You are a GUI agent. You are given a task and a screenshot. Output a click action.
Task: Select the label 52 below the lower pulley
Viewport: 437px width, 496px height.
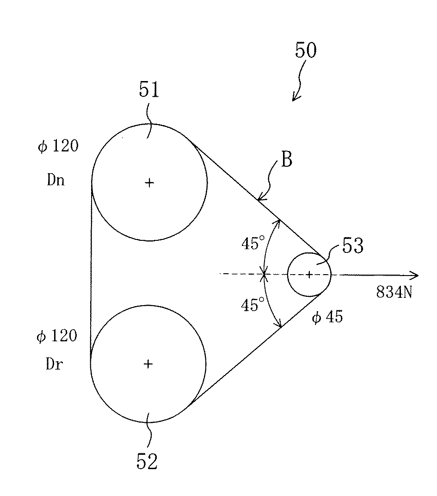(147, 461)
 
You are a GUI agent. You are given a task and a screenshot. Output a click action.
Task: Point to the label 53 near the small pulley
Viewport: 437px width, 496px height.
(353, 246)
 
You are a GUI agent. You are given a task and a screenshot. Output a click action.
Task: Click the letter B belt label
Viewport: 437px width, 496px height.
(287, 162)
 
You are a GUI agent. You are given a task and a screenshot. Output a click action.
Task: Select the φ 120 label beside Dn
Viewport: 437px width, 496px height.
(58, 147)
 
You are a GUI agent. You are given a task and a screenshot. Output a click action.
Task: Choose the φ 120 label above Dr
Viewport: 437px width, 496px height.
(57, 336)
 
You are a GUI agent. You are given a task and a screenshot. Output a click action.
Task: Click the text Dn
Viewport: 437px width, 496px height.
(55, 180)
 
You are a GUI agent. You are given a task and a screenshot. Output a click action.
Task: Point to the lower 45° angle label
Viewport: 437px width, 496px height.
(252, 305)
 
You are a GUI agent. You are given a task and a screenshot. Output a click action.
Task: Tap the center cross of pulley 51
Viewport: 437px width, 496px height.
(149, 182)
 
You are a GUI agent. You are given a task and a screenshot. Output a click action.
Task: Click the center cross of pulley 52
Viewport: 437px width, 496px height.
(148, 364)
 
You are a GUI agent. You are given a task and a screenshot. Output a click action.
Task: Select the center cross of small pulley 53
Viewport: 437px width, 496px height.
(309, 275)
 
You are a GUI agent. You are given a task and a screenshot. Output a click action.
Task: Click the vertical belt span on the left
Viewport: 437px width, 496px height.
(91, 273)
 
